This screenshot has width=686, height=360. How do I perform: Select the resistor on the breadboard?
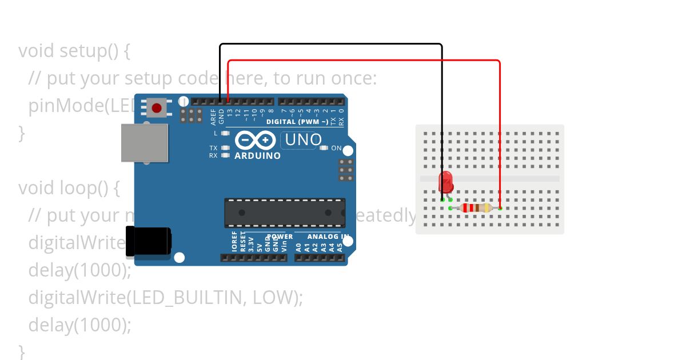pos(476,208)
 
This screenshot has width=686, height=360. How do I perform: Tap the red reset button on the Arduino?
pos(157,107)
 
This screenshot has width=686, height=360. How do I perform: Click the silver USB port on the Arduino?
pos(145,143)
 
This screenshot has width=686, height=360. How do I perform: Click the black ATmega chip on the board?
pos(285,213)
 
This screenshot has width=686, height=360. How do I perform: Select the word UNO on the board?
pos(302,139)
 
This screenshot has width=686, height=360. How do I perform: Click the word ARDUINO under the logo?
pos(258,155)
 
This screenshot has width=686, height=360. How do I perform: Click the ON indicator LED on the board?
pos(324,148)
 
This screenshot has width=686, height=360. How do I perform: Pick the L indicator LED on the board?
pos(225,133)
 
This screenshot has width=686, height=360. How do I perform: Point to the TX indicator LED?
pos(225,148)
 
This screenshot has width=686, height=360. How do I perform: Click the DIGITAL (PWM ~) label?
pos(297,122)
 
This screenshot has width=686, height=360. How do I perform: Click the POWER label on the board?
pos(280,236)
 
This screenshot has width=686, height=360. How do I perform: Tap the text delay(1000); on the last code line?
pos(80,325)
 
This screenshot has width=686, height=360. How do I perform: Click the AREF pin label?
pos(213,117)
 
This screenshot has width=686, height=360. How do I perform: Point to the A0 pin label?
pos(298,247)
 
